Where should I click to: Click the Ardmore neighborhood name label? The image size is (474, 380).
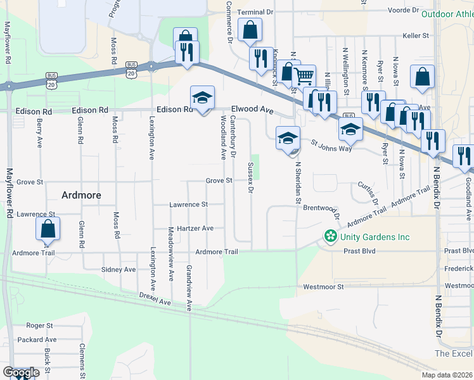point(81,195)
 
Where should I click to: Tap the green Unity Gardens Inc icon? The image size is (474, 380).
point(330,237)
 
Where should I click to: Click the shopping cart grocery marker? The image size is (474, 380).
point(304,76)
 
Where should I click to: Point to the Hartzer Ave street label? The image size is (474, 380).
point(190,228)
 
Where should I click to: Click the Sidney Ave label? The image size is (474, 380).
point(118,269)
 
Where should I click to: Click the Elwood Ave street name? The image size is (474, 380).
point(252,109)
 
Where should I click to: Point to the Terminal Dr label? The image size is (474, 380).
point(255,12)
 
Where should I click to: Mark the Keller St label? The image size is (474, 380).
point(416,36)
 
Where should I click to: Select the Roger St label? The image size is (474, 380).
point(39,326)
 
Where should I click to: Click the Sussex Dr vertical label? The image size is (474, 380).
point(250,177)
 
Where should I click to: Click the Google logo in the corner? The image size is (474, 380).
point(21,372)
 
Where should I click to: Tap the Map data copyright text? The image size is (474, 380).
point(447,375)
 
